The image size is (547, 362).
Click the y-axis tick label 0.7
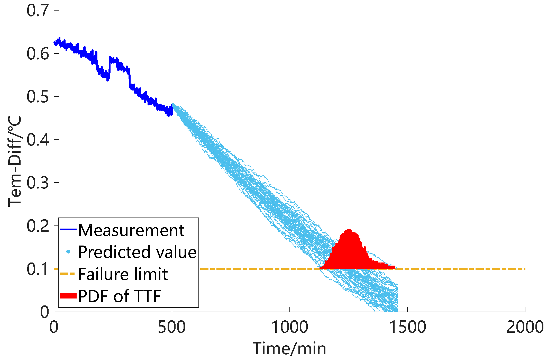coord(38,11)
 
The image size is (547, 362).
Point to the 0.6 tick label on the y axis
coord(38,54)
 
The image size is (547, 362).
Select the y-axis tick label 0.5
coord(38,97)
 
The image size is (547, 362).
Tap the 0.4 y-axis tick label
coord(38,140)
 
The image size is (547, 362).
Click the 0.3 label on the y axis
coord(38,183)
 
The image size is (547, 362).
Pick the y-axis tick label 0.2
coord(38,226)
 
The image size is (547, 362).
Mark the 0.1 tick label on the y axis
coord(38,269)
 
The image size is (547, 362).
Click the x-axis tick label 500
coord(171,327)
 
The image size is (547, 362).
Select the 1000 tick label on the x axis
coord(290,327)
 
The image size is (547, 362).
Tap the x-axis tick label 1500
coord(408,327)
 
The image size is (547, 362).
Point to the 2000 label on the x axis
coord(525,327)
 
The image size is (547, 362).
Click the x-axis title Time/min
coord(289,349)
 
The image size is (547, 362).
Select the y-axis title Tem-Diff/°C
coord(15,161)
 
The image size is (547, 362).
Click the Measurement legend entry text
coord(131,230)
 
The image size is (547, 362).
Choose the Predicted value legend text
coord(137,252)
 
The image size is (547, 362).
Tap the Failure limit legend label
coord(123,274)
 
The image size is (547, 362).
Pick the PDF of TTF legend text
coord(120,296)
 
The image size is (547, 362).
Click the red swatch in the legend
coord(68,296)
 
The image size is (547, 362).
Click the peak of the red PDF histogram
coord(349,230)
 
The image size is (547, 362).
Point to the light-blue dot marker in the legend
coord(68,252)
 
